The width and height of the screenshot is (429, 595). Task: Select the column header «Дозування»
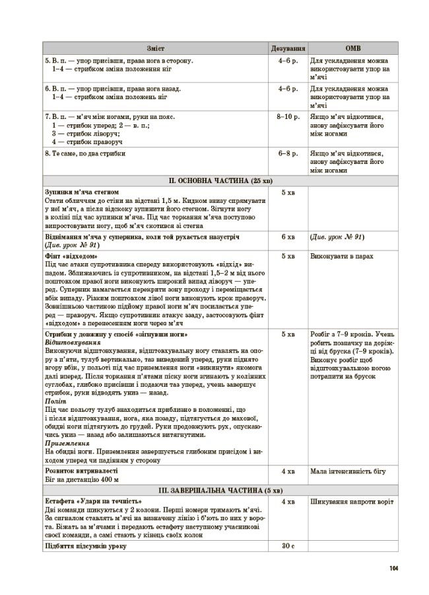tap(288, 49)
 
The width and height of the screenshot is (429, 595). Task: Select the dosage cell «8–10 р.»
tap(288, 116)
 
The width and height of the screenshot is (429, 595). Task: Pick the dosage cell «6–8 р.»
tap(288, 153)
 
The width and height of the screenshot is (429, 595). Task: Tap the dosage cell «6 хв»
tap(288, 236)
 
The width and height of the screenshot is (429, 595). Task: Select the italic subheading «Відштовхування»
tap(73, 344)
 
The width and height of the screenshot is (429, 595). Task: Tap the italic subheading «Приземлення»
tap(66, 444)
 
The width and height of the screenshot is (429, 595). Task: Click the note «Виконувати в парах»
tap(339, 255)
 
